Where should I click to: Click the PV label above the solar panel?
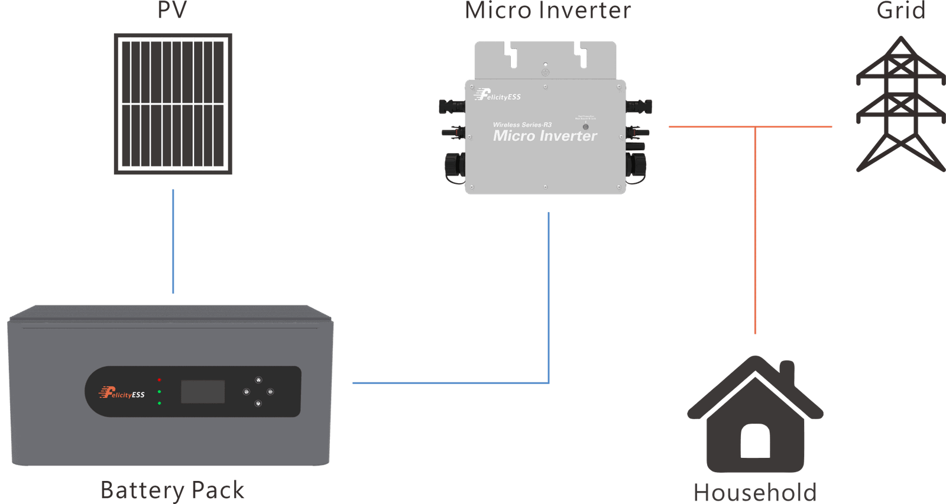tap(172, 11)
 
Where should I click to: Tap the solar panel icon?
tap(173, 104)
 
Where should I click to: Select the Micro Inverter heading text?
tap(547, 11)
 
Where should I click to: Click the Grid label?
tap(900, 11)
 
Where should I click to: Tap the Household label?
tap(755, 492)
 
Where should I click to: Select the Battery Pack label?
tap(172, 490)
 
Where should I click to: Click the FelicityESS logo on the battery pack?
tap(122, 392)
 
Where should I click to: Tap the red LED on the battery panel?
tap(160, 380)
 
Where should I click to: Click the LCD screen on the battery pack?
tap(203, 392)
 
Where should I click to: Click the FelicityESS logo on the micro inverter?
tap(497, 95)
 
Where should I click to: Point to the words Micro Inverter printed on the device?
tap(545, 136)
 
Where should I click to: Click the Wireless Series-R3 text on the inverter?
tap(522, 125)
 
